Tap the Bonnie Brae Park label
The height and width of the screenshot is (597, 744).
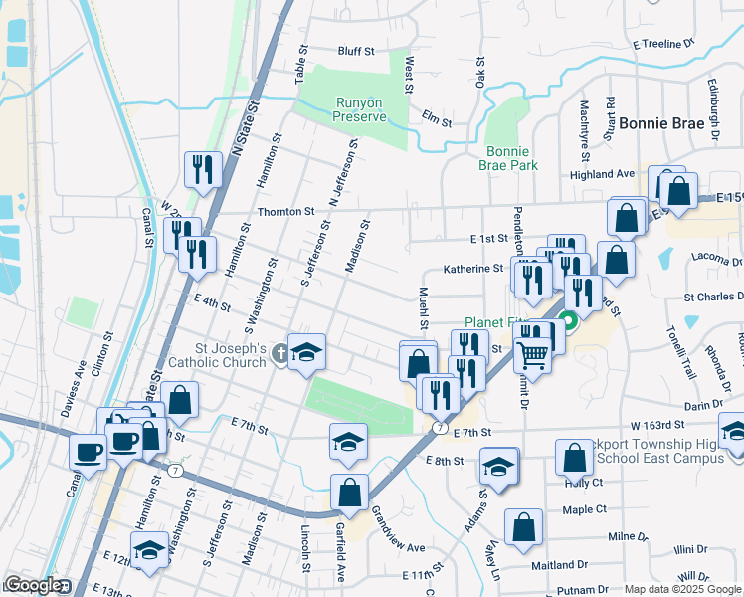(509, 158)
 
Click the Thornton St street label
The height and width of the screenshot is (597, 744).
(286, 211)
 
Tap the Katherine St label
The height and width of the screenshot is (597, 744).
(473, 269)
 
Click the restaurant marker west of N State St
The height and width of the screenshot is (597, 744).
(203, 169)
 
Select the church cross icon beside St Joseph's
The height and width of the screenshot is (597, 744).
(280, 353)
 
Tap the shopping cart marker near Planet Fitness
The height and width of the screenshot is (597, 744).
(533, 353)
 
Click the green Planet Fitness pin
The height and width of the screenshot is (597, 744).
(568, 320)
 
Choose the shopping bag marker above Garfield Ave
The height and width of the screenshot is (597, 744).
(349, 492)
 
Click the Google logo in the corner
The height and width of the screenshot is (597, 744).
(33, 585)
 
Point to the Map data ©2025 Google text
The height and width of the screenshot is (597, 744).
(683, 589)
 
